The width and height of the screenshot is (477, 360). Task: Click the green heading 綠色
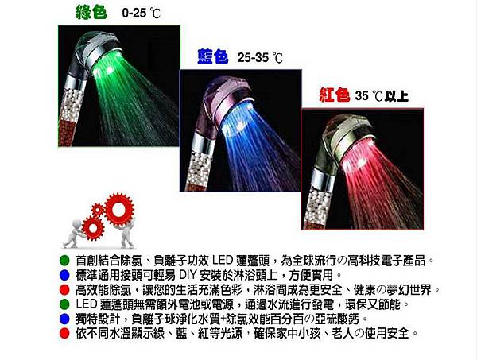pyautogui.click(x=91, y=13)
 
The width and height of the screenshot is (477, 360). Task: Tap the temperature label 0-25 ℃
pyautogui.click(x=141, y=13)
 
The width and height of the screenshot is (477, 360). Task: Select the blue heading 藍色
pyautogui.click(x=213, y=56)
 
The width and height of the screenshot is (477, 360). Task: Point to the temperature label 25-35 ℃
pyautogui.click(x=260, y=57)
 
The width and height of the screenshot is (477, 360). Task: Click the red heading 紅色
pyautogui.click(x=335, y=95)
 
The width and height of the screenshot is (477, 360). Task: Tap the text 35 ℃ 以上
pyautogui.click(x=382, y=96)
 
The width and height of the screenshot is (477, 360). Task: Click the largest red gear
pyautogui.click(x=118, y=210)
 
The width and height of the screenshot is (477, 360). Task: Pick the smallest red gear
pyautogui.click(x=98, y=210)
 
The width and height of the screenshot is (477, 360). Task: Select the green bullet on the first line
pyautogui.click(x=64, y=261)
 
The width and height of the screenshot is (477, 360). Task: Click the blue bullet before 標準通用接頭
pyautogui.click(x=64, y=275)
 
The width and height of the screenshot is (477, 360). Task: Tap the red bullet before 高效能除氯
pyautogui.click(x=64, y=290)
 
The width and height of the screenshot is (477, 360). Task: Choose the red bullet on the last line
pyautogui.click(x=64, y=334)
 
